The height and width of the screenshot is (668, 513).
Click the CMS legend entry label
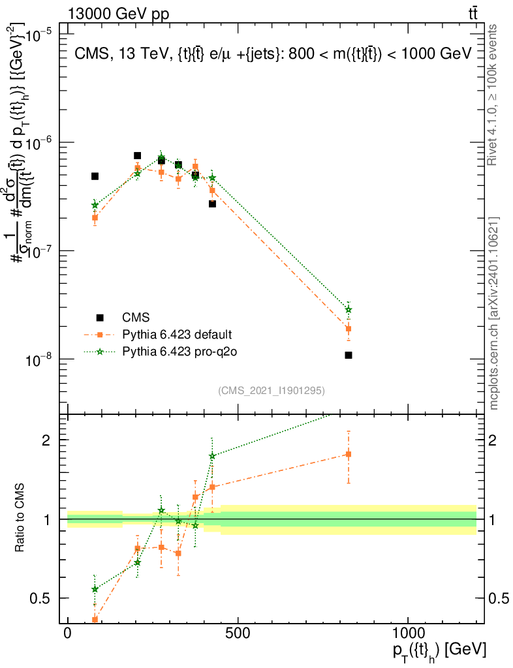pyautogui.click(x=136, y=318)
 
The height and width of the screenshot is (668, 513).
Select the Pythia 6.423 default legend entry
pyautogui.click(x=177, y=335)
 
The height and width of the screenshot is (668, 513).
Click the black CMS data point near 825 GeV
pyautogui.click(x=349, y=355)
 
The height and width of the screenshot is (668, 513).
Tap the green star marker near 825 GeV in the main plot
pyautogui.click(x=349, y=309)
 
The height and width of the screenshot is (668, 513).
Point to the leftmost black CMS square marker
pyautogui.click(x=95, y=176)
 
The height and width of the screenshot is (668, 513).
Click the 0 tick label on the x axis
pyautogui.click(x=68, y=633)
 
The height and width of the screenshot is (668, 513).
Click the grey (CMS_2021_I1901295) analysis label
pyautogui.click(x=272, y=390)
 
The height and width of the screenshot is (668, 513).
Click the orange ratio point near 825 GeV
pyautogui.click(x=349, y=454)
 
